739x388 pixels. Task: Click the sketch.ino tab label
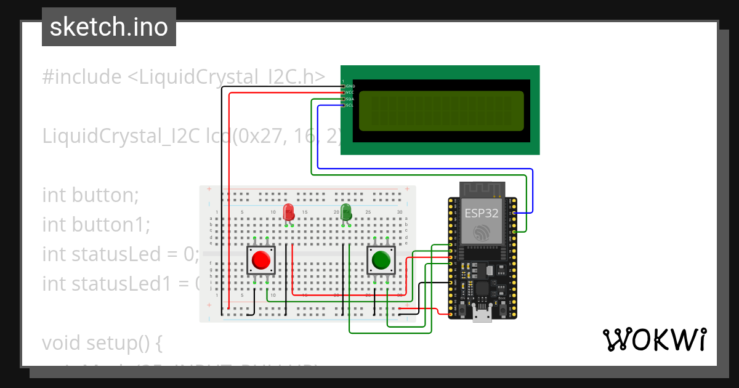point(109,27)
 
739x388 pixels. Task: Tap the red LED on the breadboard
point(288,213)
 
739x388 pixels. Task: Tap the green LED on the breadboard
point(346,212)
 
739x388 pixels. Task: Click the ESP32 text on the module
point(482,213)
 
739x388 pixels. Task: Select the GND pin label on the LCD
point(350,86)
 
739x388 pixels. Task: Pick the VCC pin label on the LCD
point(350,92)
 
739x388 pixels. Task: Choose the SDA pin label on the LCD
point(350,99)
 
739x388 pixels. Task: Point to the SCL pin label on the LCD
point(350,105)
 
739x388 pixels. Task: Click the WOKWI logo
point(655,339)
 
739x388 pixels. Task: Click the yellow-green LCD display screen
point(441,111)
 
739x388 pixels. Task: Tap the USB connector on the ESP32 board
point(482,315)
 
